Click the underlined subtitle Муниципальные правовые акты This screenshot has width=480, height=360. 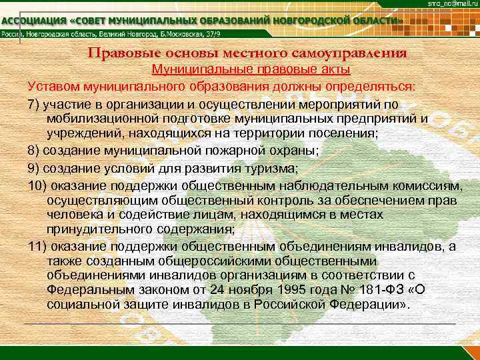tap(251, 69)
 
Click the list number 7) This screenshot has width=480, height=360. tap(36, 104)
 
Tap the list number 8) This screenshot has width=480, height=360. tap(36, 151)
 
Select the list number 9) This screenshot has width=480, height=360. tap(36, 167)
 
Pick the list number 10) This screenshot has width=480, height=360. tap(39, 183)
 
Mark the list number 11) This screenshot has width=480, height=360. tap(39, 247)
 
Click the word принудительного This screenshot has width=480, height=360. tap(95, 230)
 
